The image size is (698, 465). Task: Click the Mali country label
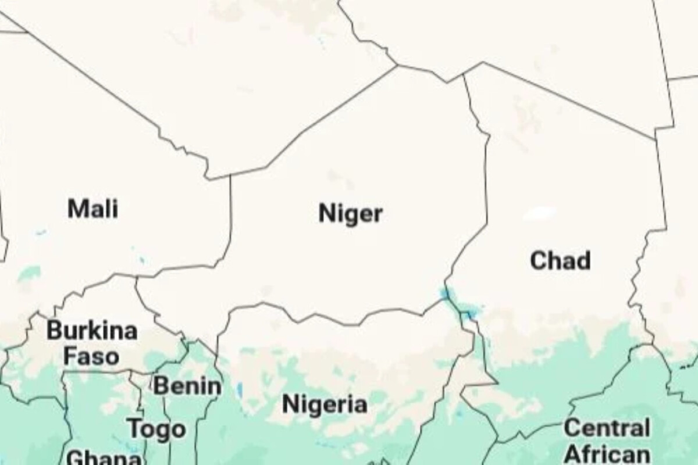[x=93, y=209]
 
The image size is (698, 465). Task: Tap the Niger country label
[x=350, y=214]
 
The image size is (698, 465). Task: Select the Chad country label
[x=560, y=260]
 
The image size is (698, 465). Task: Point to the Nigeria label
[x=325, y=404]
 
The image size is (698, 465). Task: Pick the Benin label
[x=187, y=386]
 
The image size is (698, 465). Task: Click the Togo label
[x=157, y=430]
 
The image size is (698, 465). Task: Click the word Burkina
[x=92, y=331]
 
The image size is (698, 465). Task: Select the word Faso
[x=91, y=356]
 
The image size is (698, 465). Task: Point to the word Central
[x=607, y=428]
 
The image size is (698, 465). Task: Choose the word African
[x=607, y=453]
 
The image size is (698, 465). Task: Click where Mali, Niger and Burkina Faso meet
[x=137, y=278]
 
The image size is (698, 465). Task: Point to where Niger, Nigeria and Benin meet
[x=217, y=352]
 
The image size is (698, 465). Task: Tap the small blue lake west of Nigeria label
[x=240, y=388]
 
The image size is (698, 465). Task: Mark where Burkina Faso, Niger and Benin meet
[x=185, y=341]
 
